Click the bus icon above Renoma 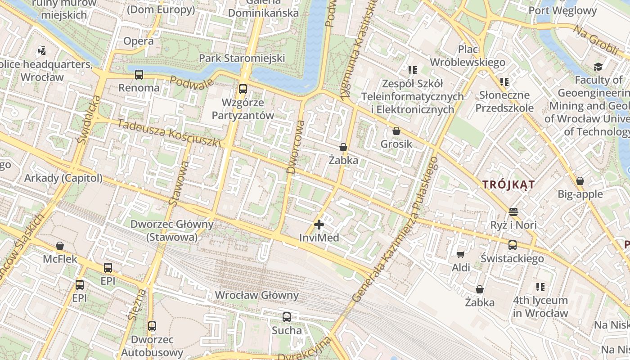pyautogui.click(x=139, y=75)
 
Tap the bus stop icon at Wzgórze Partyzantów pyautogui.click(x=243, y=89)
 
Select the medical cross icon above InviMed pyautogui.click(x=319, y=224)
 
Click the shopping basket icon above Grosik pyautogui.click(x=396, y=131)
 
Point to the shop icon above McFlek pyautogui.click(x=60, y=246)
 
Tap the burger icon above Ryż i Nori pyautogui.click(x=513, y=211)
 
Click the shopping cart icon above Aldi pyautogui.click(x=461, y=255)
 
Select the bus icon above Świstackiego pyautogui.click(x=513, y=245)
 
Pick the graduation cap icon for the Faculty pyautogui.click(x=598, y=67)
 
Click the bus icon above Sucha pyautogui.click(x=287, y=317)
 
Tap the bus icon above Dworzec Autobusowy pyautogui.click(x=152, y=326)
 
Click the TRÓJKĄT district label pyautogui.click(x=508, y=184)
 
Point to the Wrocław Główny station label pyautogui.click(x=257, y=295)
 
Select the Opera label pyautogui.click(x=139, y=41)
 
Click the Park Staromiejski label pyautogui.click(x=242, y=58)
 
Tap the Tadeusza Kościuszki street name pyautogui.click(x=169, y=133)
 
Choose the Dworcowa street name pyautogui.click(x=295, y=146)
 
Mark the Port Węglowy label pyautogui.click(x=562, y=11)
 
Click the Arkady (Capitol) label pyautogui.click(x=63, y=178)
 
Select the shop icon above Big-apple pyautogui.click(x=580, y=181)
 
